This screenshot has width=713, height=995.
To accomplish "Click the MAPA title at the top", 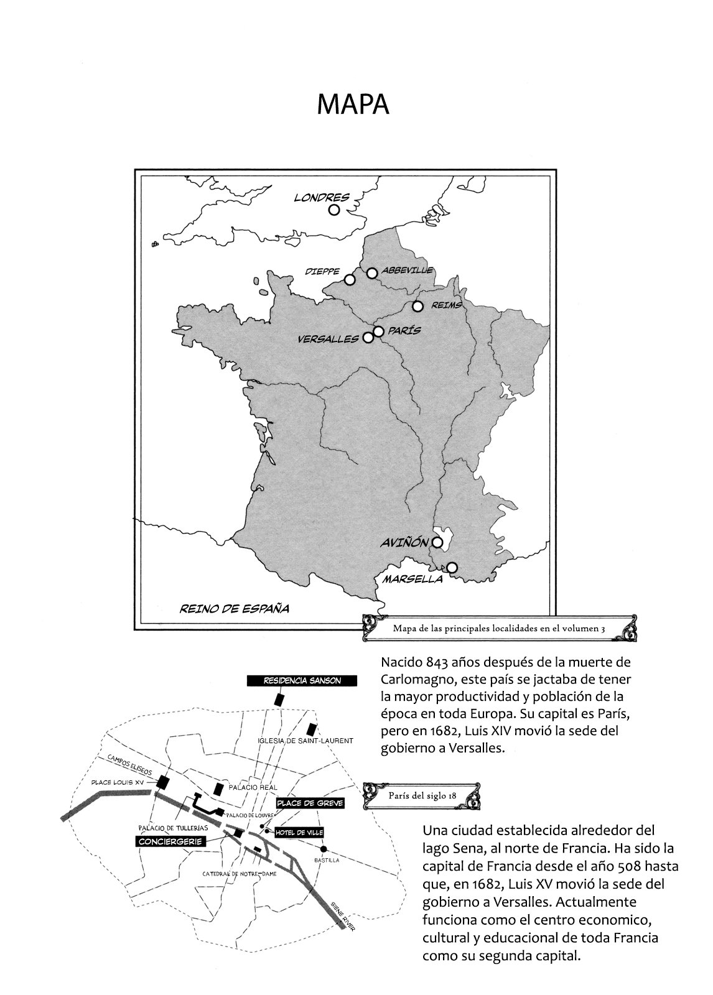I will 353,105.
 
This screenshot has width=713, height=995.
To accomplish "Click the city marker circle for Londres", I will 334,210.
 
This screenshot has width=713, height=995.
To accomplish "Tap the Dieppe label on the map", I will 322,272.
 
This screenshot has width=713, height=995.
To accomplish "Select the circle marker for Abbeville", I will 372,272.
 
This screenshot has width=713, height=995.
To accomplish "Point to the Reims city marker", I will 417,306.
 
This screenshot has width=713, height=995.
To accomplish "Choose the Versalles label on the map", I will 328,339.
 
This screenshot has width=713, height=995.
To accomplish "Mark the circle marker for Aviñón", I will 437,542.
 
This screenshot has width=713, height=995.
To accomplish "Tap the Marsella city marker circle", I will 452,567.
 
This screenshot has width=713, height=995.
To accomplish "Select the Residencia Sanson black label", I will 302,680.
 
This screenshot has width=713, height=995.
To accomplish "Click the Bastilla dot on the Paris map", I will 324,849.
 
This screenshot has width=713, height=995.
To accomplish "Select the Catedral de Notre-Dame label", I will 240,874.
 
